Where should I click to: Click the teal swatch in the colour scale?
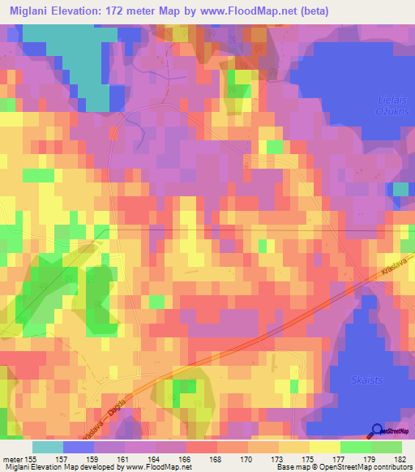48,447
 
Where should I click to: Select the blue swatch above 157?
79,447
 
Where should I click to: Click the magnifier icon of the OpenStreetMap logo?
375,431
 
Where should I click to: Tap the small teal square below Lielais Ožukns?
400,189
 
